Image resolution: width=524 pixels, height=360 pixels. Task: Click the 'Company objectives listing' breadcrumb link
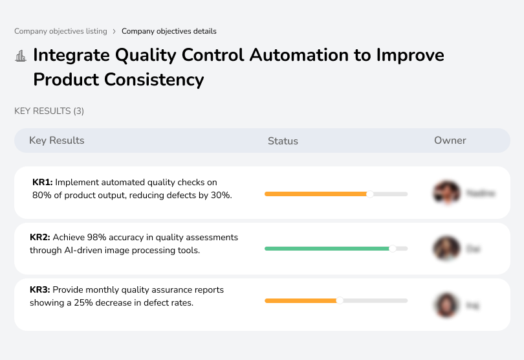60,31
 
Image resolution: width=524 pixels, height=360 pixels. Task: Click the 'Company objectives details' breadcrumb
169,31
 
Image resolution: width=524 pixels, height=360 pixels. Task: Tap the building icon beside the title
20,56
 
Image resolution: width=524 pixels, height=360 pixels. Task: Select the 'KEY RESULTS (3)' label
49,111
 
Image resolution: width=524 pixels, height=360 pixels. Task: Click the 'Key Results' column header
56,141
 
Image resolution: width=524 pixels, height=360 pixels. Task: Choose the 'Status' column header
283,141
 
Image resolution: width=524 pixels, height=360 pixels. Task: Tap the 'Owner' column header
450,141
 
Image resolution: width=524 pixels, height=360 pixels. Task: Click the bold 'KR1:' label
42,183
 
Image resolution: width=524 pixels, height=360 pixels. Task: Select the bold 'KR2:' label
40,238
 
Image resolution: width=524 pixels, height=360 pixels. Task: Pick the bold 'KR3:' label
40,290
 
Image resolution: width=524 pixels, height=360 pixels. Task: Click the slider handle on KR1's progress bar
370,194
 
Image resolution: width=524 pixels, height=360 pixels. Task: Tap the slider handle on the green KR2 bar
392,248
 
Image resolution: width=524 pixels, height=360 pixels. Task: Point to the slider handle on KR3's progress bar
340,300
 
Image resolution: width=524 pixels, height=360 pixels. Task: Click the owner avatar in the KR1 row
446,193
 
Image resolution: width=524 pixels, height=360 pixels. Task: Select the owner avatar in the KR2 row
446,249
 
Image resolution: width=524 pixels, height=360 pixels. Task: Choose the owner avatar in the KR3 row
446,304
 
